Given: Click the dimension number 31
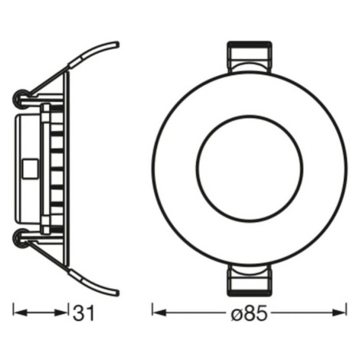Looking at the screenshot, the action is [x=83, y=313].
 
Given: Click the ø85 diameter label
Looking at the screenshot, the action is [x=249, y=313].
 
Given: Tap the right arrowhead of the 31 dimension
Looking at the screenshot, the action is [x=61, y=313].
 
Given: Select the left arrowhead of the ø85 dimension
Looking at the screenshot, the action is [x=159, y=313].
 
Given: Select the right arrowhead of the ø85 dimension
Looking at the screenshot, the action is [x=339, y=313].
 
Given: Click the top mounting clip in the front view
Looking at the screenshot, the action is [x=250, y=57].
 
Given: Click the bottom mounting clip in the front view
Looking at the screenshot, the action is [x=250, y=280].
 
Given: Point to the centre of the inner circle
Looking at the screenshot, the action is [x=250, y=169].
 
